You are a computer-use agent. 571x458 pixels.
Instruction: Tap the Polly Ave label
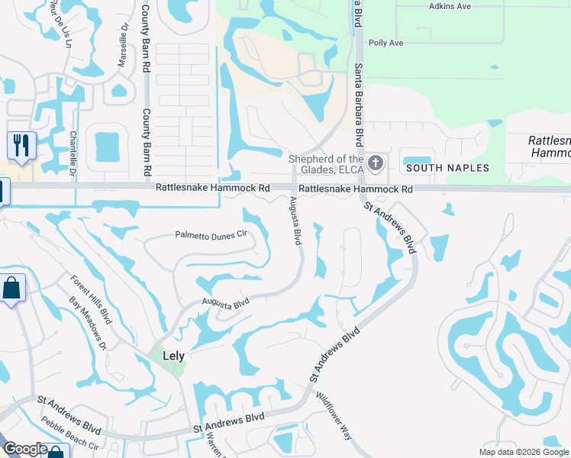(386, 44)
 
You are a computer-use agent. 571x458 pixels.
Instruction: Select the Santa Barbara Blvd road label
(356, 76)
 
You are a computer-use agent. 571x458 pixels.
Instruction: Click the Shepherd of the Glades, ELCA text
(323, 164)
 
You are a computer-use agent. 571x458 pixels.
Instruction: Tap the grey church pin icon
(375, 163)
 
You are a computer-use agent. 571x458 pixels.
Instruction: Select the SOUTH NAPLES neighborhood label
(447, 168)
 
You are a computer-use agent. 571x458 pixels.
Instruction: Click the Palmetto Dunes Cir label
(212, 234)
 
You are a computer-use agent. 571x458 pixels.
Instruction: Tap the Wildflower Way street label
(333, 418)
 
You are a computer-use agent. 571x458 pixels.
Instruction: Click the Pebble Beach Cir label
(70, 434)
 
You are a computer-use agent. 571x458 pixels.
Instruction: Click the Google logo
(25, 449)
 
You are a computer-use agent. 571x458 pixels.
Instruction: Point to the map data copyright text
(524, 452)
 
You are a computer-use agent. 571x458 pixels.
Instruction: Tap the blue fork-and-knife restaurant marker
(20, 145)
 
